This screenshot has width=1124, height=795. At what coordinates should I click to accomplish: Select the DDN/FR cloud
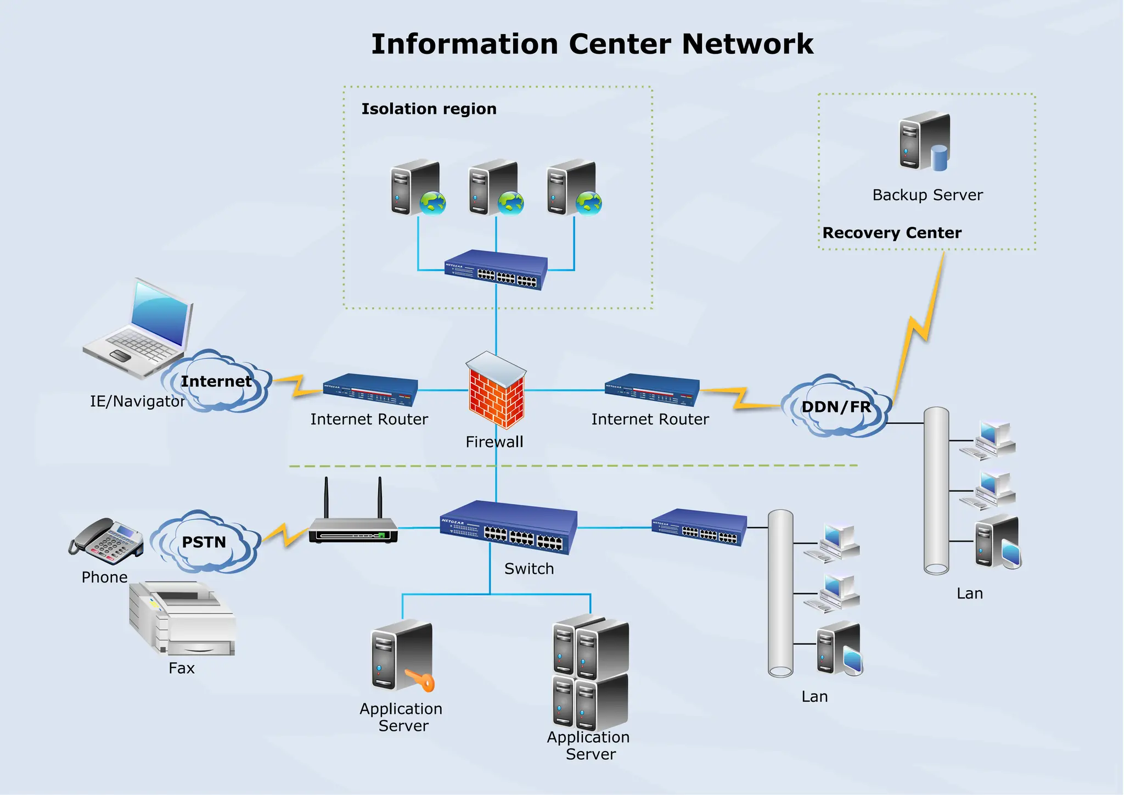click(x=835, y=407)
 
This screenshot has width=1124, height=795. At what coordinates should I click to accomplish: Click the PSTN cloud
click(x=204, y=542)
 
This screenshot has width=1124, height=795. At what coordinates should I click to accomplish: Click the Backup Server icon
click(x=924, y=142)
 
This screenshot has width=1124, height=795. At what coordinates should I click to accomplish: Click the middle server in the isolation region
click(x=494, y=188)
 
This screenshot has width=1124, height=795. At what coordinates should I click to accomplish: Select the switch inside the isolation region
click(x=496, y=270)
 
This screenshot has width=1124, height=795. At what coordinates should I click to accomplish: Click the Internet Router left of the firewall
click(x=370, y=389)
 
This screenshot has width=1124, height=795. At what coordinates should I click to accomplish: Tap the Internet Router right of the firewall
click(x=651, y=389)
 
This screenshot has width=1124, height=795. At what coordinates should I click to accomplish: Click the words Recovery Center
click(x=892, y=233)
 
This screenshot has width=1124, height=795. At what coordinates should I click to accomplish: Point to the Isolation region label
click(x=429, y=109)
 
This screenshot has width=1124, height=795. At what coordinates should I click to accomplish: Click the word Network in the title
click(x=747, y=44)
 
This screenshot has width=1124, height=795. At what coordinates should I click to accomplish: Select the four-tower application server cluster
click(x=591, y=673)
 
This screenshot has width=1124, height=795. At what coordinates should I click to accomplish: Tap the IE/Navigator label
click(x=137, y=401)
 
